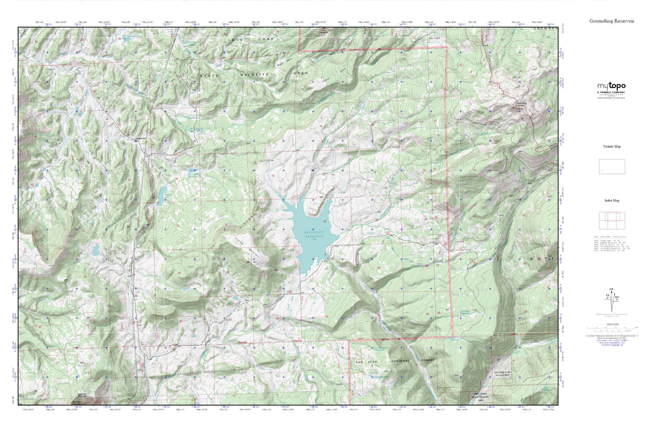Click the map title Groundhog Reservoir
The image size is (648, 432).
pos(612,21)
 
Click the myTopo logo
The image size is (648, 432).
pos(611,86)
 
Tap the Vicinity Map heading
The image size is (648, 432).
pos(612,147)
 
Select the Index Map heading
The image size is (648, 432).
pos(612,201)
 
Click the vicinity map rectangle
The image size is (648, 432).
pos(612,166)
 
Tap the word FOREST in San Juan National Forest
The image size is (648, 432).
pos(425,360)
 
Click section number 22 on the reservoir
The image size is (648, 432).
pos(324,222)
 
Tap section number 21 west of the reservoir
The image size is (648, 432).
pos(274,223)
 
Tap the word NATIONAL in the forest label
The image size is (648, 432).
pos(400,361)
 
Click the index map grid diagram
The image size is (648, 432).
pos(612,220)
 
